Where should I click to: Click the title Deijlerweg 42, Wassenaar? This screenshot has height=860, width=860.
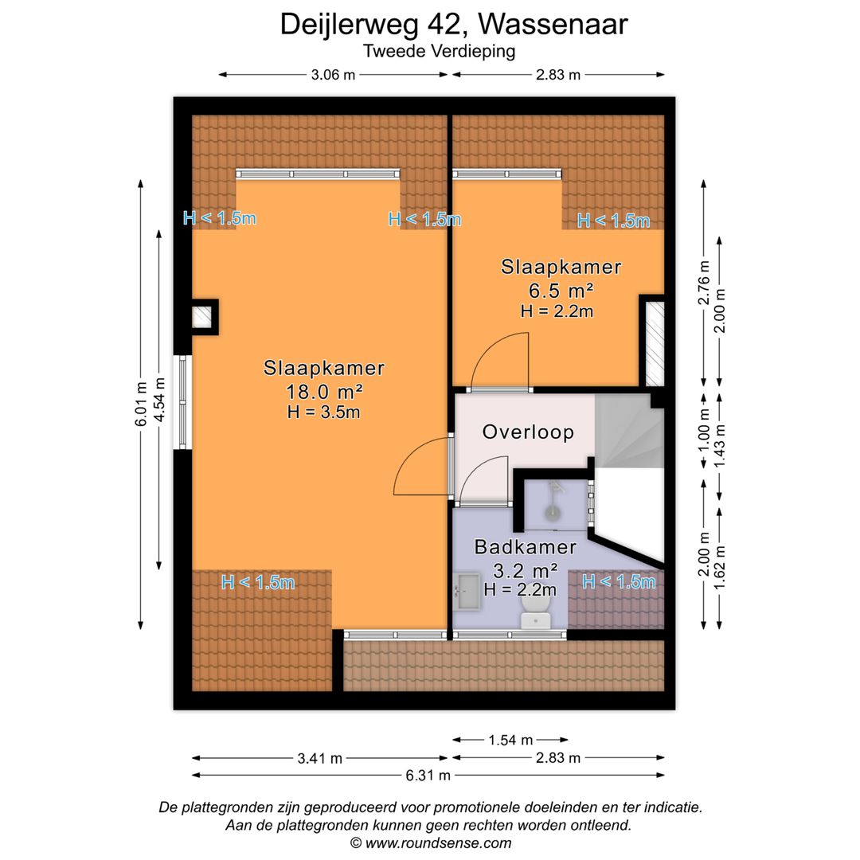click(453, 24)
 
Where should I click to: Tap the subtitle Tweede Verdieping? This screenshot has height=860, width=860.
click(439, 52)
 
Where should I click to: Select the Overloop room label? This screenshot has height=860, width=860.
click(528, 432)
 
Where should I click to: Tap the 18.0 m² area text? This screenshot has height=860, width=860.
click(324, 391)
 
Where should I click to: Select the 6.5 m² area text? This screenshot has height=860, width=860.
click(560, 290)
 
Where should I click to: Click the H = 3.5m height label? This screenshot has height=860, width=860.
click(323, 412)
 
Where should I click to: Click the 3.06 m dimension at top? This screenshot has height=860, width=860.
click(333, 75)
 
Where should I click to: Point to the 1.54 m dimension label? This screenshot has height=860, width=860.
click(510, 740)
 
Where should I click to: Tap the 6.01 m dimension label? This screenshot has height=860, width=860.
click(141, 404)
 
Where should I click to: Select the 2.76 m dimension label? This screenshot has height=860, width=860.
click(703, 282)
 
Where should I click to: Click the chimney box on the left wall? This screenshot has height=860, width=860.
click(205, 316)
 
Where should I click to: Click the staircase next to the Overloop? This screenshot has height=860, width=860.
click(629, 434)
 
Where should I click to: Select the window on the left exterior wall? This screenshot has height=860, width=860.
click(182, 401)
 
